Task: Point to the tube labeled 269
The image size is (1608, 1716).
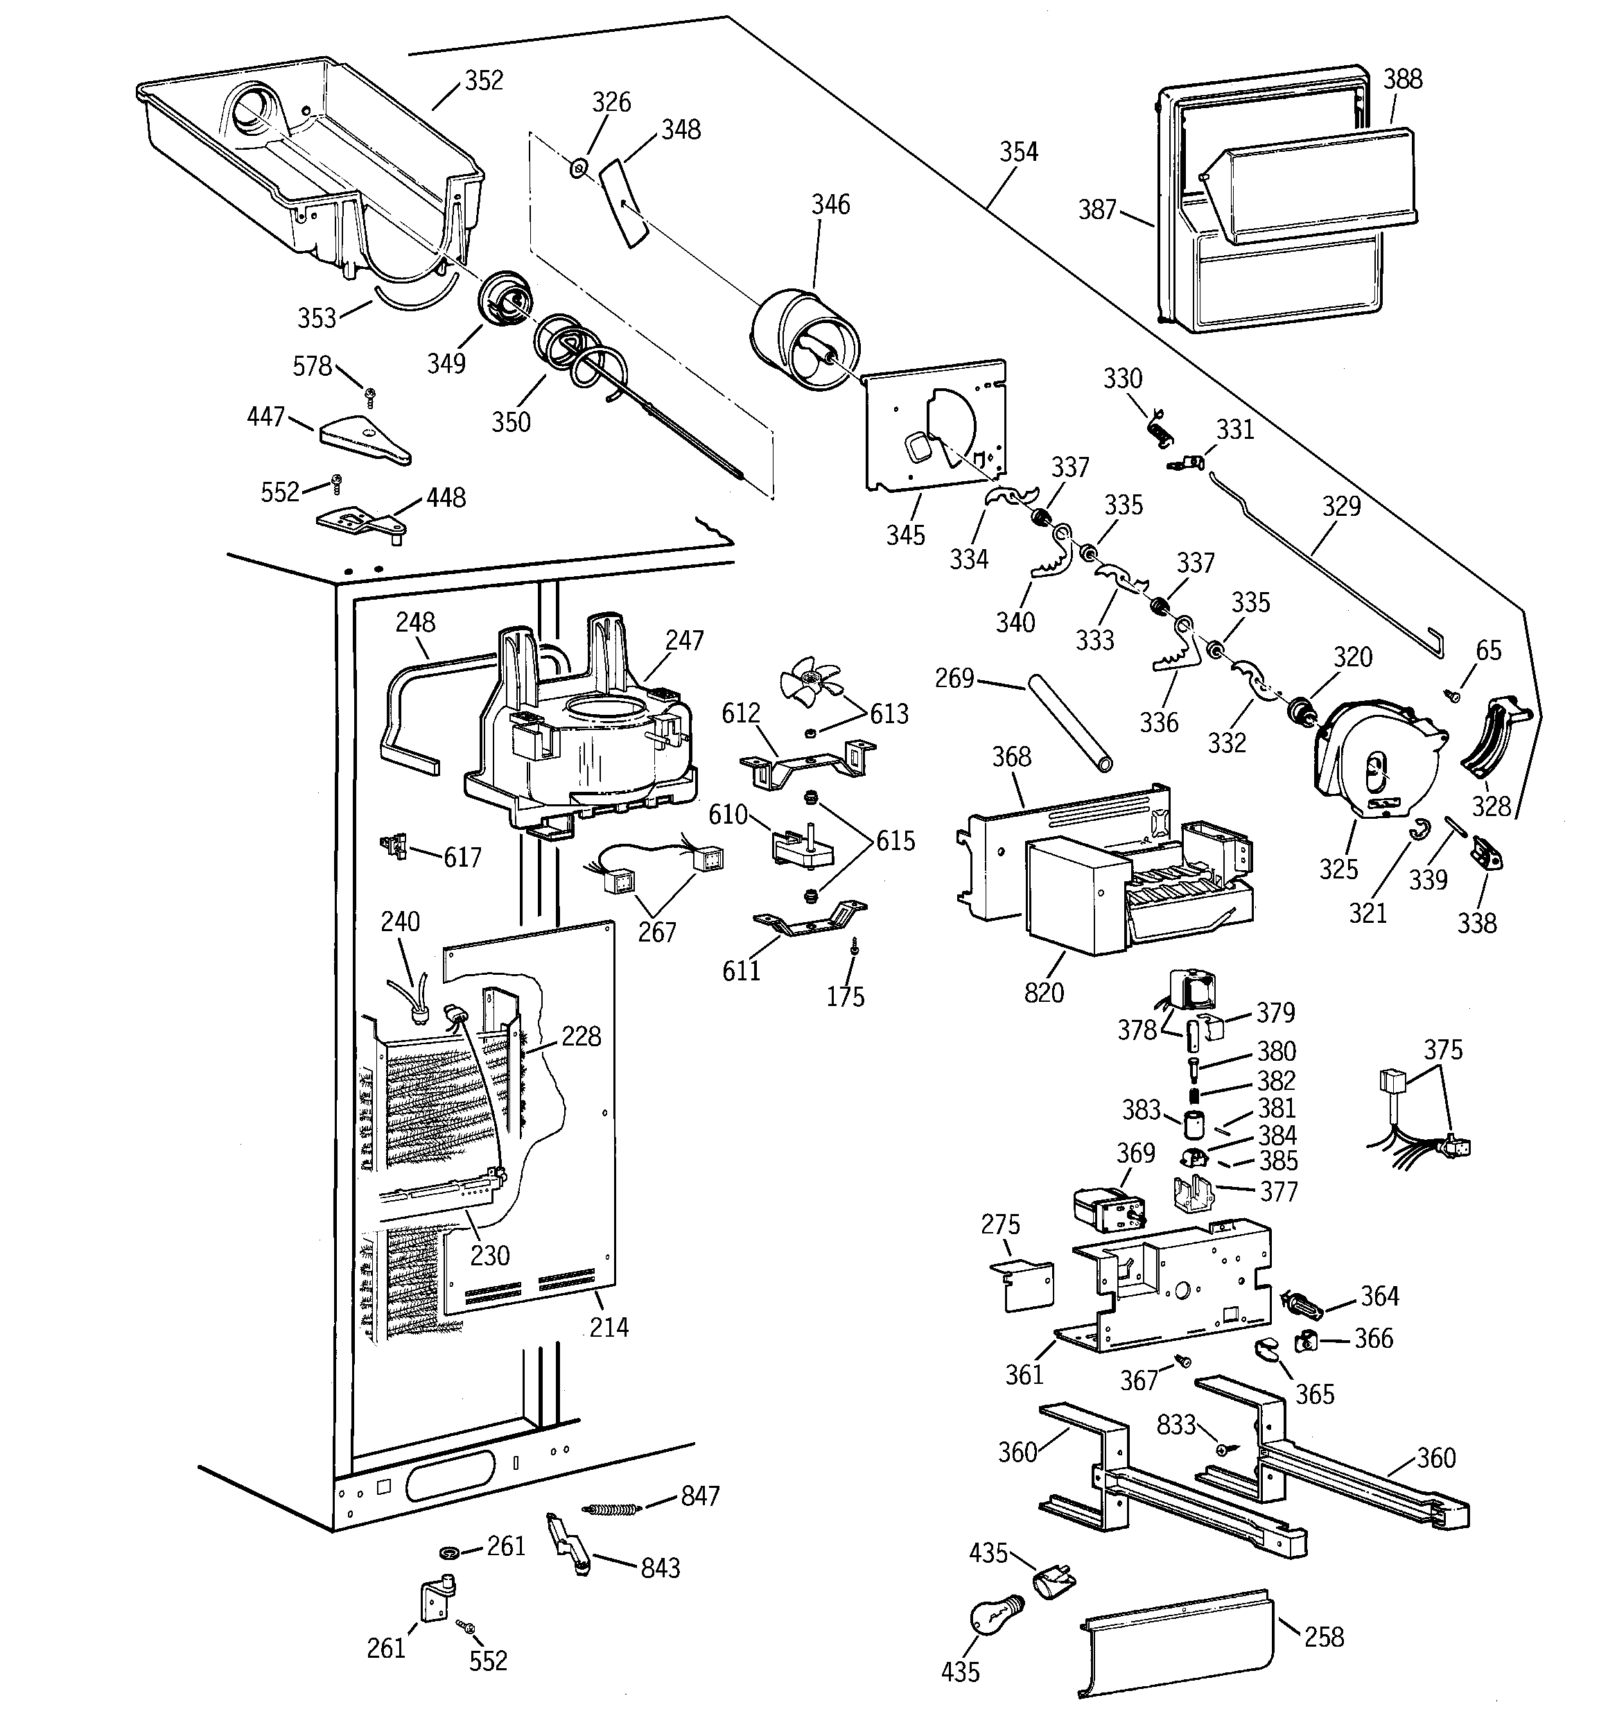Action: point(1069,723)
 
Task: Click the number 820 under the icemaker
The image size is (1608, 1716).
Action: point(1044,993)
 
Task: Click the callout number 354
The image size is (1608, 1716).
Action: point(1018,152)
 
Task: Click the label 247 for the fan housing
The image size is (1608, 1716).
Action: point(685,641)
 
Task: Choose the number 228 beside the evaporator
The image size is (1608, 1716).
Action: point(581,1036)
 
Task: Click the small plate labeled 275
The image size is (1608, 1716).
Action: point(1023,1286)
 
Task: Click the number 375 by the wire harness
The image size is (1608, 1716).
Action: point(1443,1050)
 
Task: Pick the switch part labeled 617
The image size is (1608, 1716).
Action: point(395,846)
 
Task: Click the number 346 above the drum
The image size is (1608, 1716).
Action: point(830,205)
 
